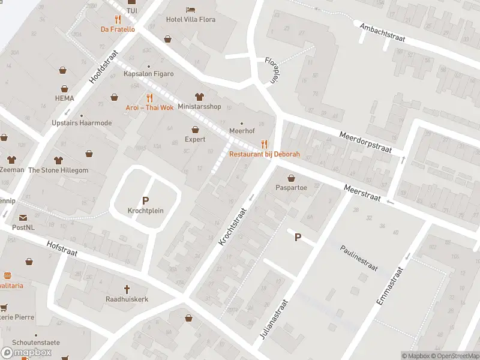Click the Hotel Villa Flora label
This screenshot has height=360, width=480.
(190, 19)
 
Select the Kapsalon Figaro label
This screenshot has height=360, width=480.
(148, 74)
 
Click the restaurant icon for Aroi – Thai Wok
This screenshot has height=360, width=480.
(149, 97)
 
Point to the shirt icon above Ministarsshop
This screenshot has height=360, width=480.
(199, 97)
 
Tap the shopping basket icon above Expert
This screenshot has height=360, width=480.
(195, 129)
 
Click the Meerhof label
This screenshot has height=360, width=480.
(242, 131)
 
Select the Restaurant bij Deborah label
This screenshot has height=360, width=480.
(264, 154)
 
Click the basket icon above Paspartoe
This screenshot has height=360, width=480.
(291, 178)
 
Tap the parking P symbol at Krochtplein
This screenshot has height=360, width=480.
(145, 200)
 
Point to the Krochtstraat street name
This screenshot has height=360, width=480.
(233, 226)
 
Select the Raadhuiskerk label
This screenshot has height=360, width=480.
(126, 299)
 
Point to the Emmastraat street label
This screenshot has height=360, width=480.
(391, 286)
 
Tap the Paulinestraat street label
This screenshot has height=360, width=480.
(358, 257)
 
